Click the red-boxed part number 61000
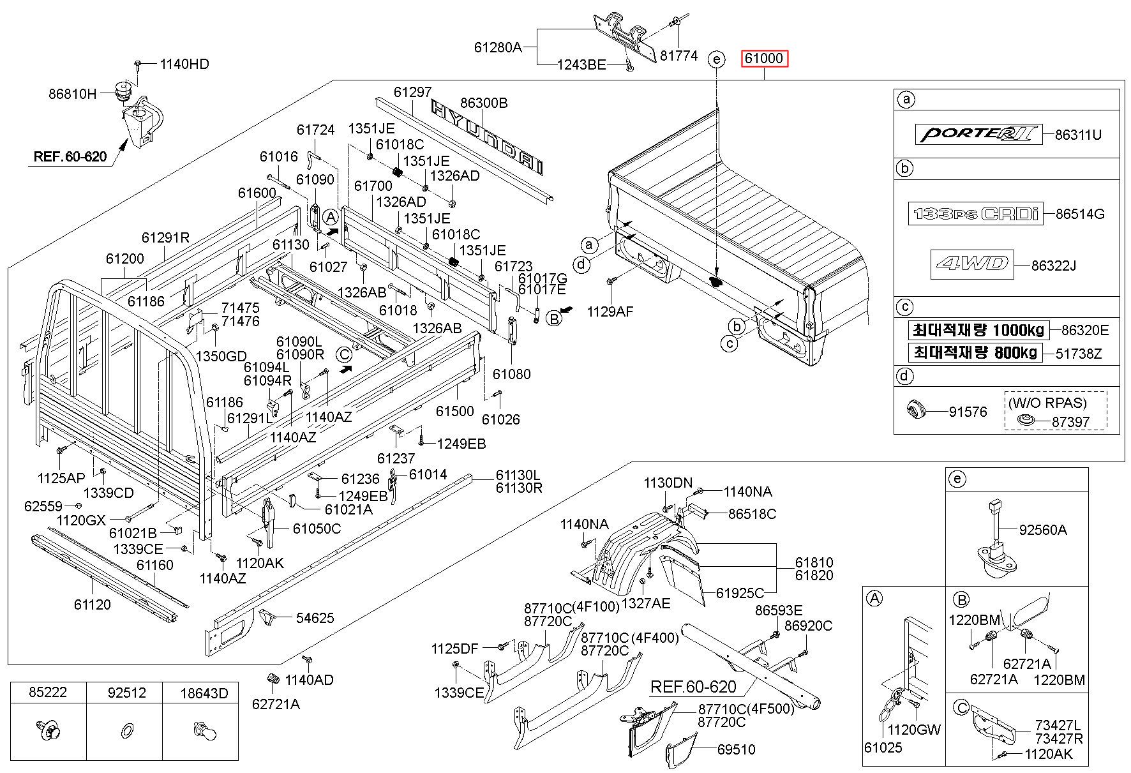pos(765,59)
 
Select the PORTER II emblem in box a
pos(978,135)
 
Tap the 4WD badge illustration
pos(971,264)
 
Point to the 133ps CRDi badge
pos(975,214)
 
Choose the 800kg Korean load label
pos(974,352)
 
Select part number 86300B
pos(484,103)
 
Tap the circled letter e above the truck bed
pos(717,59)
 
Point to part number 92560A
pos(1043,529)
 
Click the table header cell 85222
pos(49,693)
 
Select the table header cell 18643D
pos(204,693)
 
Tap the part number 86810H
pos(72,94)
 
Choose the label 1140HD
pos(184,64)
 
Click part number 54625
pos(315,617)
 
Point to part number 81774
pos(679,56)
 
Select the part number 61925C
pos(740,592)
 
